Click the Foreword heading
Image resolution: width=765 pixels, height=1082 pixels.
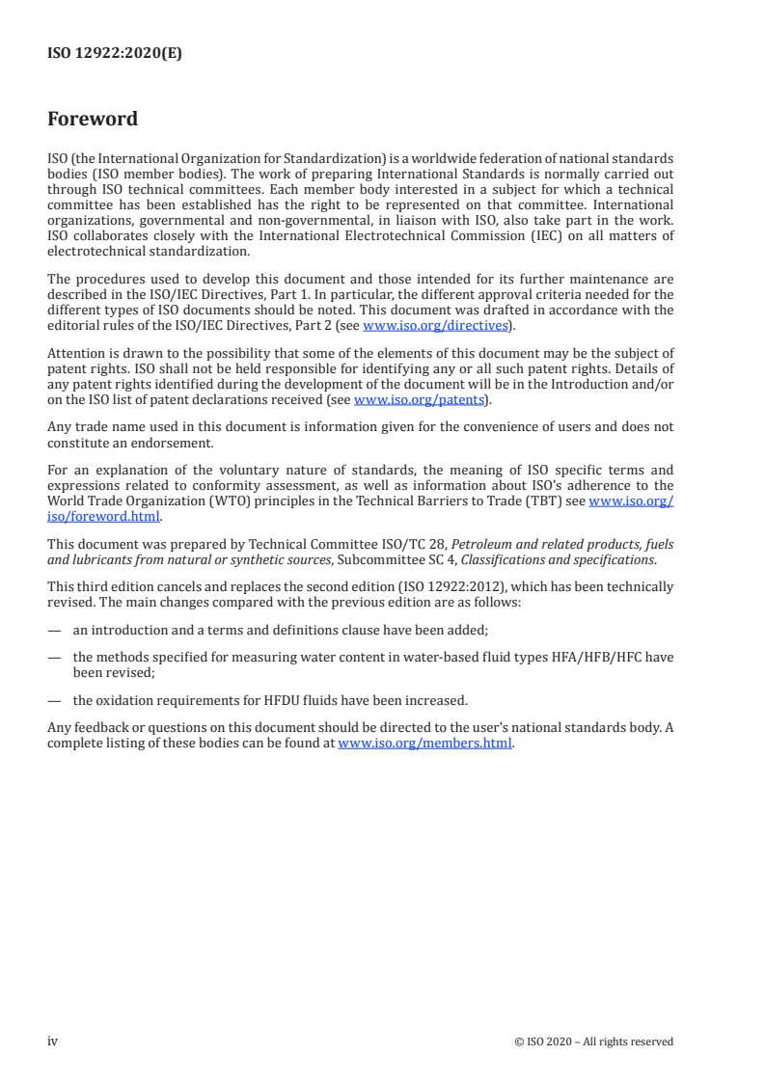click(x=93, y=120)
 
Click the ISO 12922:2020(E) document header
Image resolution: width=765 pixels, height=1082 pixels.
click(x=115, y=54)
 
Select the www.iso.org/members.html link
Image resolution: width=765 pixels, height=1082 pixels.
click(x=424, y=743)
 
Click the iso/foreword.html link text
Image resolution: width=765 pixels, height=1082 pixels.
click(x=104, y=515)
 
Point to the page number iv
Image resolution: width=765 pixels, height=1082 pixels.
click(x=53, y=1041)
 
